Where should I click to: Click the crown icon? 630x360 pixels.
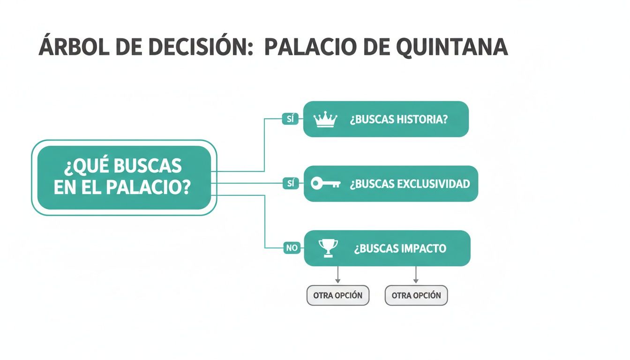(x=325, y=120)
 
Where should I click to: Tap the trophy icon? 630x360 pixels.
(x=328, y=248)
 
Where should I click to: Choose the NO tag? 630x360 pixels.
(x=292, y=248)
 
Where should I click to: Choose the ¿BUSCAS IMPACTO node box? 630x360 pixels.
(x=387, y=248)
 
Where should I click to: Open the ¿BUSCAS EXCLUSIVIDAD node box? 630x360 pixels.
(x=391, y=184)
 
